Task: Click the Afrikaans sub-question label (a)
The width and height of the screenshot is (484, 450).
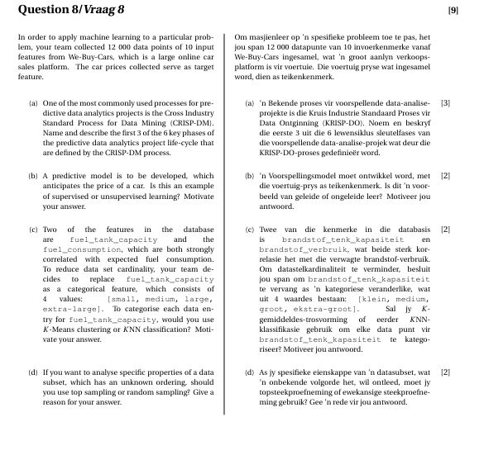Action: [250, 103]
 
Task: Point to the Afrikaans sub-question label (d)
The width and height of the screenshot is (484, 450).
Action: [250, 372]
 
